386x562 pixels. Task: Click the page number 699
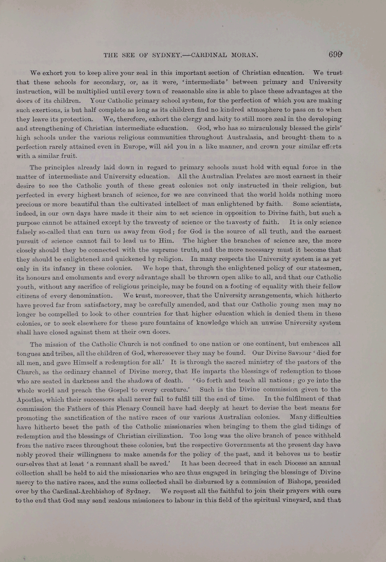coord(336,54)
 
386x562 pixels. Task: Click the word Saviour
coord(284,353)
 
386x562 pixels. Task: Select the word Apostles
coord(30,399)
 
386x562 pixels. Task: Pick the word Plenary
coord(117,408)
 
